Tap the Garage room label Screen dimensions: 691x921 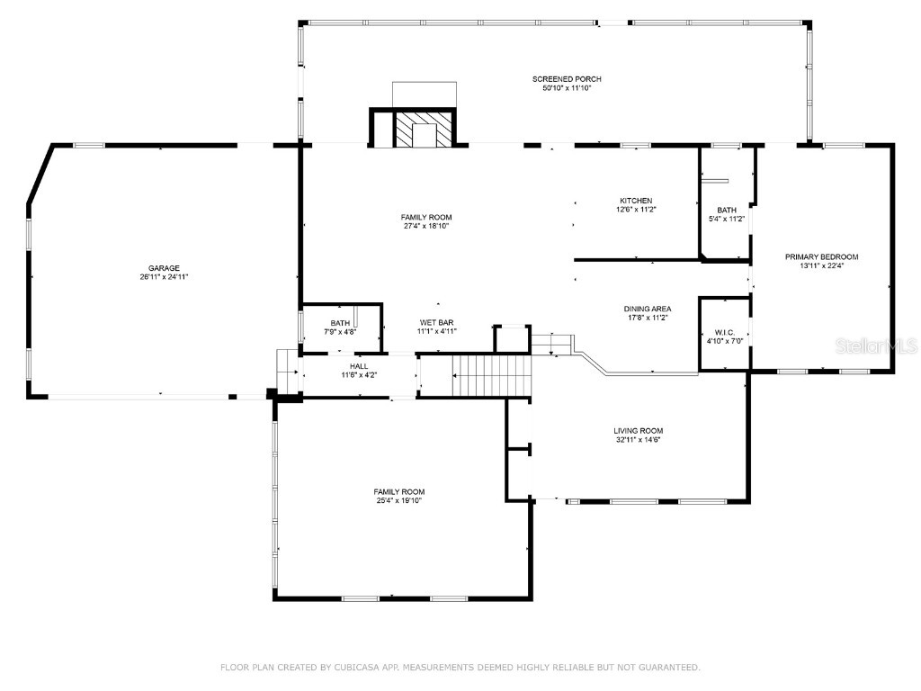coord(164,267)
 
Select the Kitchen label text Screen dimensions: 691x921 coord(635,201)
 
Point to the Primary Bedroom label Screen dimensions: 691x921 coord(822,256)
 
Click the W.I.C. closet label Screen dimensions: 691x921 coord(724,332)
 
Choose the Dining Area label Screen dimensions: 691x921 coord(648,309)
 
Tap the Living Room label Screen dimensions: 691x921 coord(638,431)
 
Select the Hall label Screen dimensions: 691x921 coord(359,366)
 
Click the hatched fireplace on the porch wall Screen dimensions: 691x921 coord(416,130)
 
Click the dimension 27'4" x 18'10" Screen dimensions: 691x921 coord(426,227)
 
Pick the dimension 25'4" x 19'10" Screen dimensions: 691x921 coord(399,500)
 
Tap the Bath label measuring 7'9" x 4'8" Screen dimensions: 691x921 coord(340,323)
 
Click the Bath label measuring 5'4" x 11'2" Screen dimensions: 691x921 coord(726,210)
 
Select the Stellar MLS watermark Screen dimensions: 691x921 coord(876,345)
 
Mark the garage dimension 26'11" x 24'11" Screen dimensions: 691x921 coord(164,277)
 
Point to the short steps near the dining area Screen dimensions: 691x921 coord(551,344)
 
